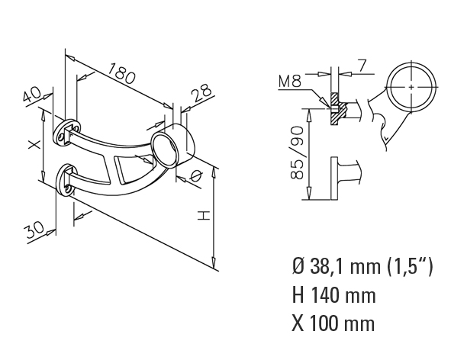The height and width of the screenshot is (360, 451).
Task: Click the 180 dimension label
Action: [x=122, y=74]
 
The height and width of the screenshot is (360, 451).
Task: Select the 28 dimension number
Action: [x=202, y=92]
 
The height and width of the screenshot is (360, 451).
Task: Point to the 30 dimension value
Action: [x=34, y=229]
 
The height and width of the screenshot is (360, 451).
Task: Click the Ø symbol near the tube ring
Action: [x=196, y=176]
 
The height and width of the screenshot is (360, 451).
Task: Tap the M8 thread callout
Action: [x=290, y=82]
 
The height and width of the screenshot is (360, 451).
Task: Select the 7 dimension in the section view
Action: [x=362, y=66]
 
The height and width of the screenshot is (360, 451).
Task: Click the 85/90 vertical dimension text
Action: [x=297, y=153]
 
